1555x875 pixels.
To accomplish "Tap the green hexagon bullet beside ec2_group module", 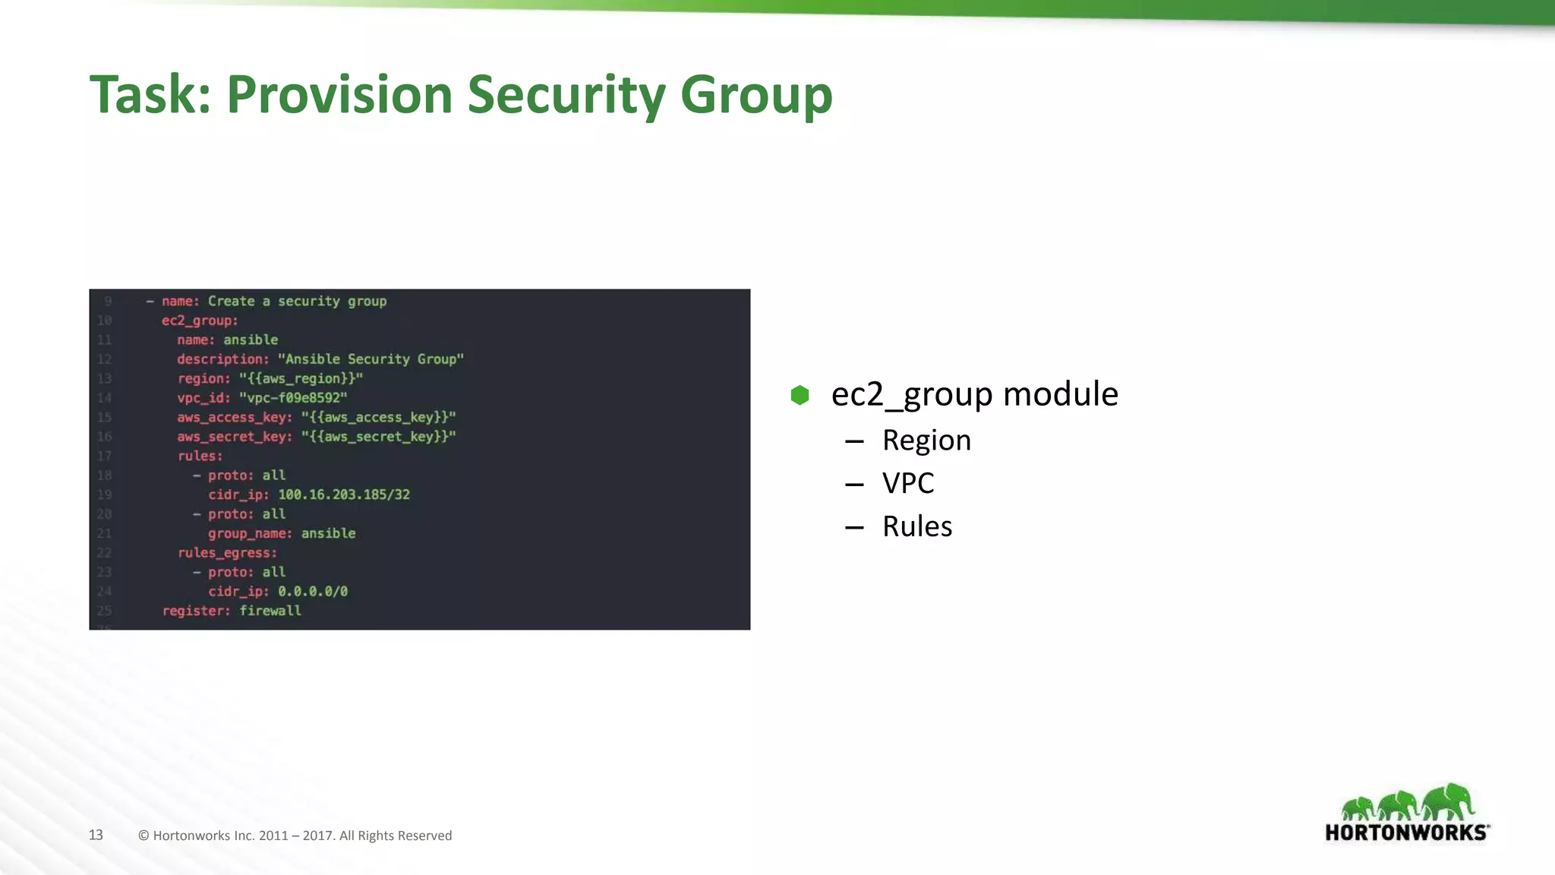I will pos(800,395).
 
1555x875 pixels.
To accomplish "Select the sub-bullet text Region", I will pos(926,441).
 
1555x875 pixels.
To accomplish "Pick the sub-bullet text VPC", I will pos(908,483).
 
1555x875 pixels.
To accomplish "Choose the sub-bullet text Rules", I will pos(917,526).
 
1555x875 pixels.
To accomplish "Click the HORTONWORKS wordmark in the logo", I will pos(1406,832).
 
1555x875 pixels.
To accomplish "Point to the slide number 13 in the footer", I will pos(96,835).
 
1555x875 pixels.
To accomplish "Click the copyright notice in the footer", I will pos(295,836).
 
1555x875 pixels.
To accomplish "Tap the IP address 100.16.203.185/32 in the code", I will pos(344,494).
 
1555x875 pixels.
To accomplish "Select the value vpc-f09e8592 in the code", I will pos(293,398).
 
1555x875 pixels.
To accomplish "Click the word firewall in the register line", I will pos(270,611).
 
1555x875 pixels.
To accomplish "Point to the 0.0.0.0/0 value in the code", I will pos(313,592).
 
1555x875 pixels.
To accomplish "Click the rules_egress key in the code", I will pos(227,553).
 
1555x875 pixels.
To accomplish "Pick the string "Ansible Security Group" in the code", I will pos(371,359).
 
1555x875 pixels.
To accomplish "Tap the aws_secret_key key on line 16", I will pos(234,437).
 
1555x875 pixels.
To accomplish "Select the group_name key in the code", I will pos(250,533).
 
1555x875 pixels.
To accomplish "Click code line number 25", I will pos(104,611).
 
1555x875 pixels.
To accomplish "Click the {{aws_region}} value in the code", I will pos(301,378).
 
